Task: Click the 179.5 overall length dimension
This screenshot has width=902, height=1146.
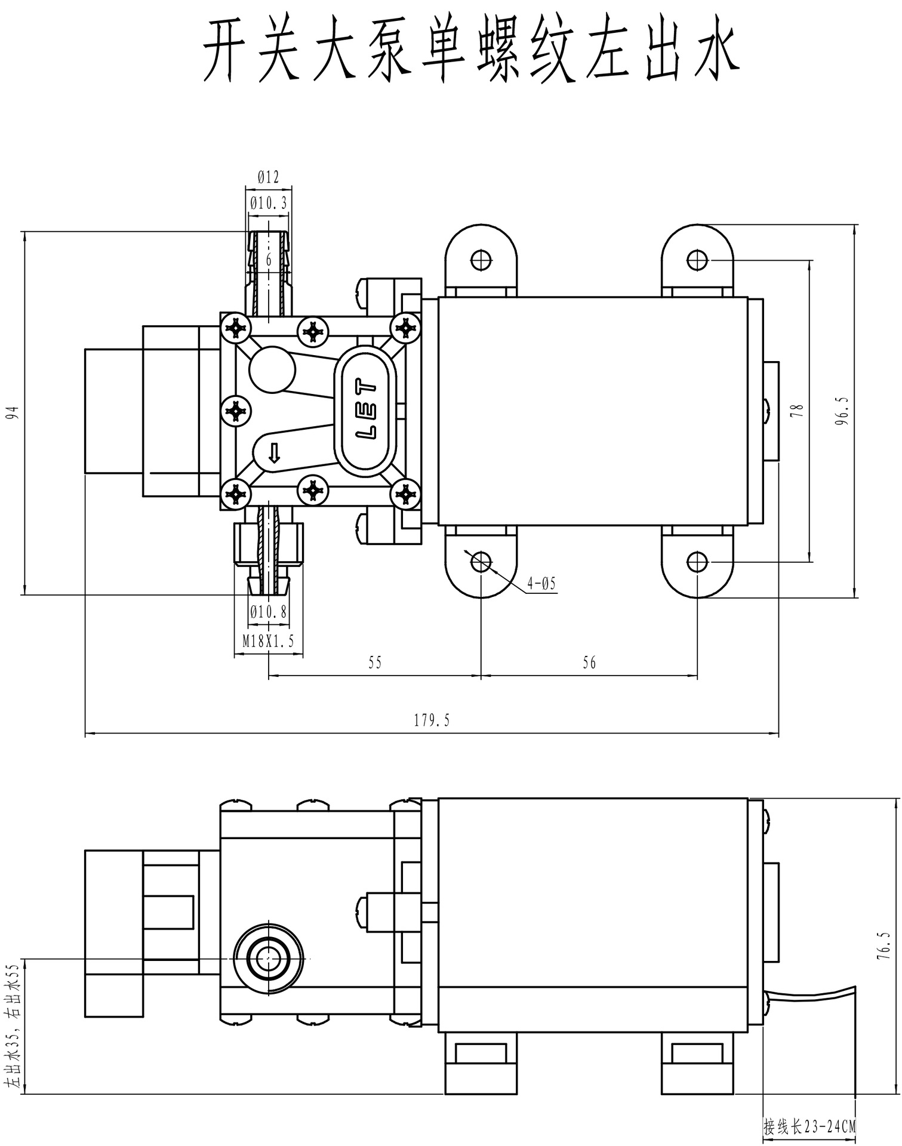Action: tap(432, 720)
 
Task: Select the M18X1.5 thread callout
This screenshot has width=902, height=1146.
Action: tap(268, 641)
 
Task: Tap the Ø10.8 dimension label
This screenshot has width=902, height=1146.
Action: tap(268, 612)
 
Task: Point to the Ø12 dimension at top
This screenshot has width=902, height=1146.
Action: tap(268, 177)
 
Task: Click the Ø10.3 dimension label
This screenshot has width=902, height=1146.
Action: tap(268, 203)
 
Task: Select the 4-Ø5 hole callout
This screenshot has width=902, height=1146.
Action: tap(541, 583)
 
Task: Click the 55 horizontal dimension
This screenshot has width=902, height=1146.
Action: tap(375, 663)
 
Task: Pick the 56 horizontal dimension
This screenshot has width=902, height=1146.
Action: tap(589, 663)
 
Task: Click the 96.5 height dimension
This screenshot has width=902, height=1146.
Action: tap(842, 411)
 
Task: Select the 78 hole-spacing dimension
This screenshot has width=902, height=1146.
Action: tap(798, 411)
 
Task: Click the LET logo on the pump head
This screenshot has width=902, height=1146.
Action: tap(366, 409)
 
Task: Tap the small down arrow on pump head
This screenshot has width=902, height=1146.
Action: tap(274, 453)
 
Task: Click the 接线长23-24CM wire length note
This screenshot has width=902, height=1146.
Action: tap(809, 1127)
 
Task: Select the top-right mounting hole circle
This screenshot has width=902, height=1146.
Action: tap(697, 260)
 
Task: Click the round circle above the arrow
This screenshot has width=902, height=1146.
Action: tap(272, 369)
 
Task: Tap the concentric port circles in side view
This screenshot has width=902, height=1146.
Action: tap(268, 958)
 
